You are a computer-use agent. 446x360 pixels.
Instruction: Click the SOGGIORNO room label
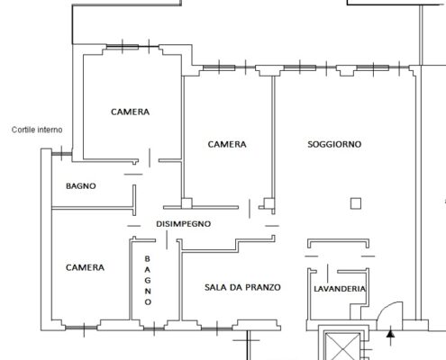[x=334, y=144]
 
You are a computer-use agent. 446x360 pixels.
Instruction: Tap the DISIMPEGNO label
[x=183, y=224]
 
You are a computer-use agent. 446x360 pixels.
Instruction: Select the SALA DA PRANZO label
[x=242, y=287]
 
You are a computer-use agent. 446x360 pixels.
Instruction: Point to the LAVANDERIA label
[x=340, y=289]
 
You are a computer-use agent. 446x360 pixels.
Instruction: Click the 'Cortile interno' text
[x=37, y=130]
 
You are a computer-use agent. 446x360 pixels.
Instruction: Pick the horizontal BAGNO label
[x=81, y=186]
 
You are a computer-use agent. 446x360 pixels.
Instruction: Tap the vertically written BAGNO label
[x=148, y=280]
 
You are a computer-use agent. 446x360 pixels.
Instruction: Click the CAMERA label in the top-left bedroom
[x=130, y=112]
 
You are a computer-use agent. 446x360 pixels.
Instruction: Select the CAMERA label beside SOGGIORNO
[x=227, y=144]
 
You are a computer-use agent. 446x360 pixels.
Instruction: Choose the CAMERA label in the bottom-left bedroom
[x=85, y=267]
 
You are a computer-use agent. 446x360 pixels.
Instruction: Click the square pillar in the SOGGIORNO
[x=356, y=203]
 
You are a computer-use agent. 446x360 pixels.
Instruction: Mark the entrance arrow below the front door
[x=390, y=337]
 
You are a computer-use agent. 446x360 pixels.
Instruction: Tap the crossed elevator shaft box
[x=342, y=346]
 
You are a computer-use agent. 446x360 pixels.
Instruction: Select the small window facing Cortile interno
[x=61, y=154]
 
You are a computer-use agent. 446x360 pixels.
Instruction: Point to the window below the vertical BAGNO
[x=154, y=328]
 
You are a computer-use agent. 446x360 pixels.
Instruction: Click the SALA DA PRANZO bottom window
[x=217, y=328]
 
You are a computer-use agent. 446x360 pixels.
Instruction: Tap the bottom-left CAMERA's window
[x=81, y=328]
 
